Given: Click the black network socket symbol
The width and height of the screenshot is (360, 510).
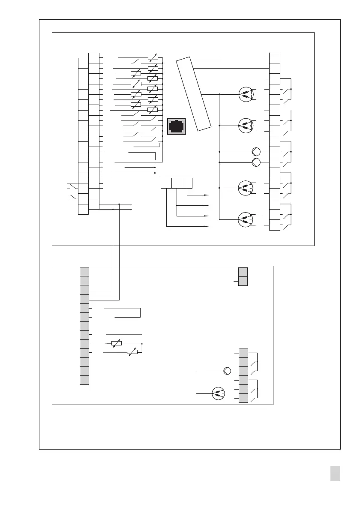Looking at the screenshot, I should pyautogui.click(x=177, y=126).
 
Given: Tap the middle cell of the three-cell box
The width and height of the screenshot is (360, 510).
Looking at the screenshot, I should pyautogui.click(x=177, y=183).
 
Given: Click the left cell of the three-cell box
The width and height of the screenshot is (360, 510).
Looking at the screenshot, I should pyautogui.click(x=166, y=183).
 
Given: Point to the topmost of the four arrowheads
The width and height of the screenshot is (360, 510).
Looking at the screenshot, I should pyautogui.click(x=206, y=195).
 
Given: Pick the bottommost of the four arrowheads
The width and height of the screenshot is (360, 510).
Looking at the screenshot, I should pyautogui.click(x=206, y=226).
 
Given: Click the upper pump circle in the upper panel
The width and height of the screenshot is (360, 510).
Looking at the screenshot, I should pyautogui.click(x=256, y=152).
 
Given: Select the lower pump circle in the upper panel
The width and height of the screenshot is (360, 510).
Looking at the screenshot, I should pyautogui.click(x=256, y=162).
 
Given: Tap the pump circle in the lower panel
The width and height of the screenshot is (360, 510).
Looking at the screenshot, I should pyautogui.click(x=228, y=371).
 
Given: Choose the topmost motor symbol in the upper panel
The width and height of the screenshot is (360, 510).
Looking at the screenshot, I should pyautogui.click(x=246, y=94).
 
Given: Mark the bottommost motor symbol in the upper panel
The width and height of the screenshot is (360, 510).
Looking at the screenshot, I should pyautogui.click(x=246, y=219).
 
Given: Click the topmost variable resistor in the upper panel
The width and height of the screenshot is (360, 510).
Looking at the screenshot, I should pyautogui.click(x=152, y=57).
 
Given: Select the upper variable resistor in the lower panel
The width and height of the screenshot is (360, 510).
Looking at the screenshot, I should pyautogui.click(x=116, y=343).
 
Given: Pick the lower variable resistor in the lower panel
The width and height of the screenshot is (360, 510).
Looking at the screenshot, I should pyautogui.click(x=132, y=352).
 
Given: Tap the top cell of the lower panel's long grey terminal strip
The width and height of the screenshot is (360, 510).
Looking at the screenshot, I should pyautogui.click(x=84, y=271).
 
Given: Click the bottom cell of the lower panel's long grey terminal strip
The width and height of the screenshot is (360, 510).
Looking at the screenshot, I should pyautogui.click(x=84, y=380).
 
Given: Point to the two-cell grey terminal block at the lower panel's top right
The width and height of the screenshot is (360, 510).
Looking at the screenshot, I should pyautogui.click(x=243, y=276).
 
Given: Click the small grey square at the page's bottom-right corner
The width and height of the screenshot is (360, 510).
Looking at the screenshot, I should pyautogui.click(x=336, y=474).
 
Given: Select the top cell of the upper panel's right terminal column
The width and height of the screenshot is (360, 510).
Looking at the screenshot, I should pyautogui.click(x=275, y=58).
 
